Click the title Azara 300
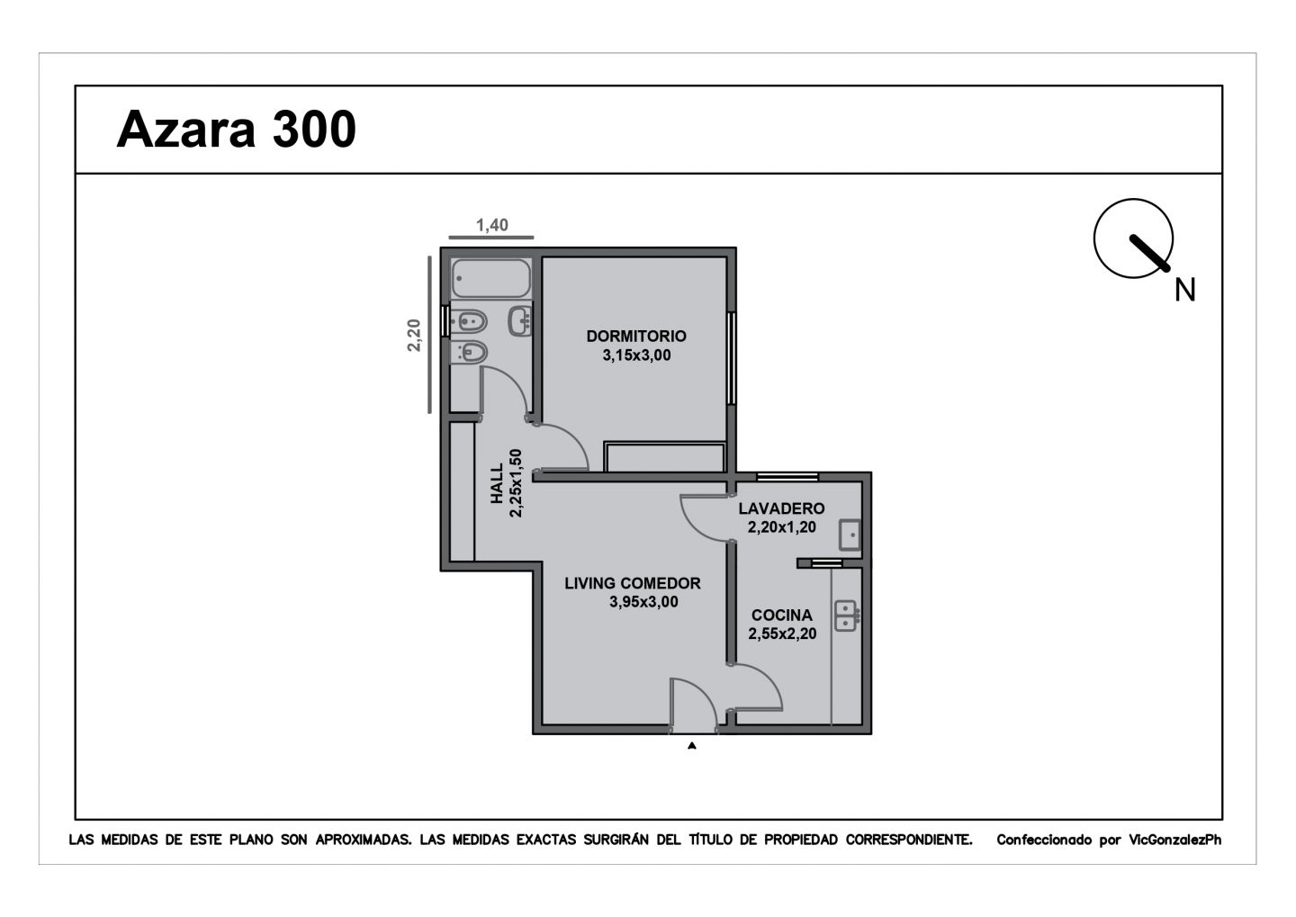(236, 129)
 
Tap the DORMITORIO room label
(636, 337)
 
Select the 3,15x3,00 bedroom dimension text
(636, 355)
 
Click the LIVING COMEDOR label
(633, 583)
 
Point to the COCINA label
(781, 615)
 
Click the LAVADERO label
(781, 508)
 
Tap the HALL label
(497, 483)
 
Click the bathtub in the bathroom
(491, 278)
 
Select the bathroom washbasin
(520, 320)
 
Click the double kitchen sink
(846, 616)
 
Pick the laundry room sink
(850, 535)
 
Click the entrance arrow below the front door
(692, 746)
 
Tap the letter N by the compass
(1185, 291)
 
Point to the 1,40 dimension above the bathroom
(492, 225)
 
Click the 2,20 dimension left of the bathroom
(414, 336)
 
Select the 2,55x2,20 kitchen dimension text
(782, 634)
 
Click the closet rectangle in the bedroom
(664, 457)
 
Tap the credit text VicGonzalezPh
(1175, 840)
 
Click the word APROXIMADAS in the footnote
(364, 840)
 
